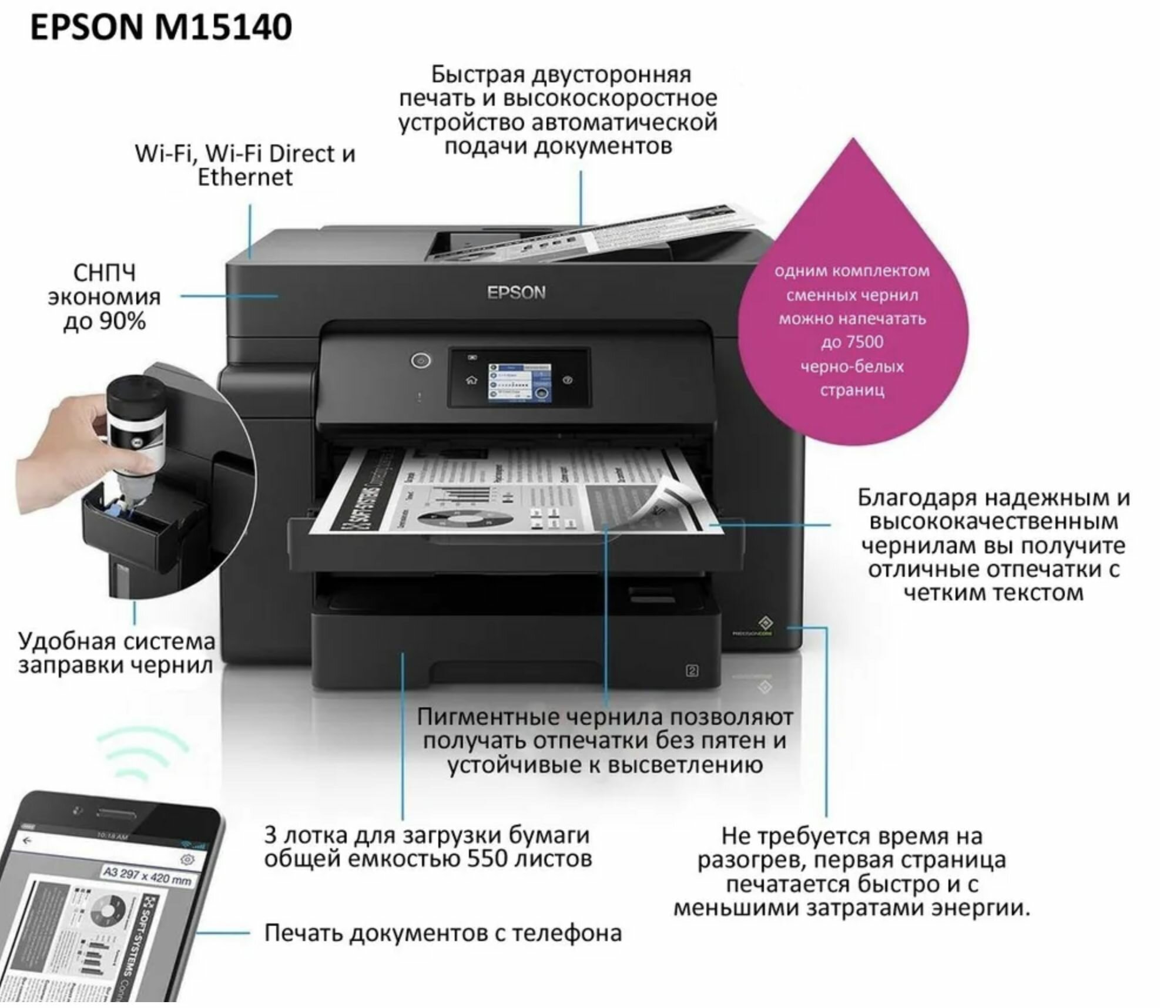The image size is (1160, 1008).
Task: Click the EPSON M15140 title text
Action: click(x=160, y=28)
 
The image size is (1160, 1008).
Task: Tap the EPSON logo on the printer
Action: click(x=516, y=293)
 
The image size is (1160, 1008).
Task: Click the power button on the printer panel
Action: click(x=420, y=360)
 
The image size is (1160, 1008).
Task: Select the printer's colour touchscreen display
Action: click(x=520, y=383)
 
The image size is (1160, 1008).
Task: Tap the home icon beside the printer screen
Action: click(x=471, y=380)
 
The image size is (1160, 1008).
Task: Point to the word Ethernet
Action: click(x=244, y=177)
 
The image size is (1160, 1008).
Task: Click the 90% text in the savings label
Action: click(x=122, y=321)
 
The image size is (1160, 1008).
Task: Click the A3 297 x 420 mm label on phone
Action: click(x=147, y=875)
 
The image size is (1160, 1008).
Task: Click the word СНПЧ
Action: click(x=105, y=273)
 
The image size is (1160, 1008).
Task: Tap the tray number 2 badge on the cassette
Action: click(x=692, y=670)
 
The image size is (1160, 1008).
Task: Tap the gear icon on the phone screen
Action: click(x=187, y=859)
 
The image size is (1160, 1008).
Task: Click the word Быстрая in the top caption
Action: click(x=477, y=75)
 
